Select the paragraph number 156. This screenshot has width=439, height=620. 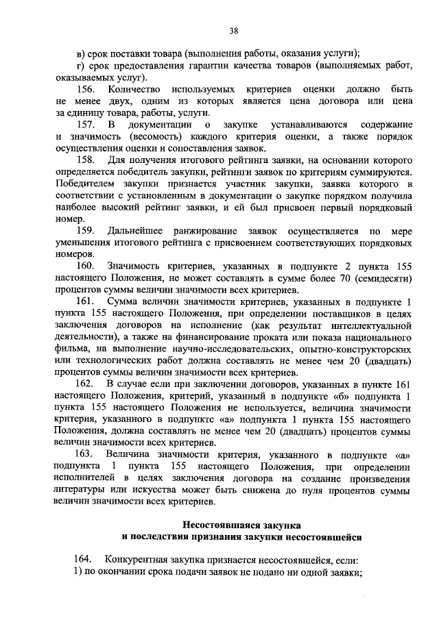pos(86,90)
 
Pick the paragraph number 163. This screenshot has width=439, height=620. pos(86,454)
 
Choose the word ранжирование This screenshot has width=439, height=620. pos(217,230)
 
